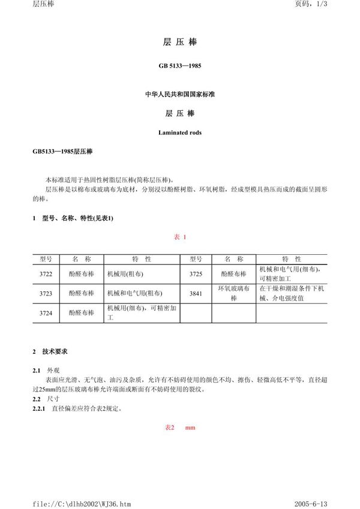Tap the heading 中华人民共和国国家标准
click(180, 95)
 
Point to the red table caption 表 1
click(180, 237)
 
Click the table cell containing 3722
click(46, 273)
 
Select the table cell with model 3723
click(46, 293)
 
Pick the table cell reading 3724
click(46, 313)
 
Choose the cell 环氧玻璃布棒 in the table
click(234, 293)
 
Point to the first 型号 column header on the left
click(46, 259)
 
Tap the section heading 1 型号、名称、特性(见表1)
click(73, 218)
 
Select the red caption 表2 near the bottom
click(169, 427)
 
